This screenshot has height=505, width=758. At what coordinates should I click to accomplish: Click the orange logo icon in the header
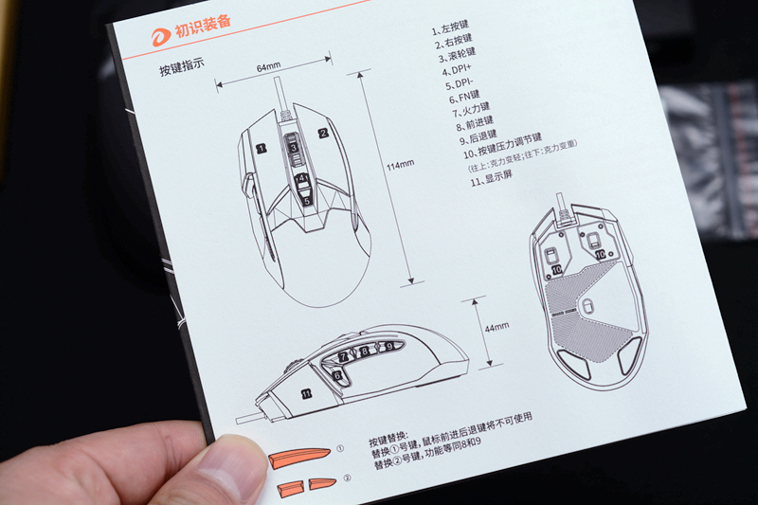click(162, 36)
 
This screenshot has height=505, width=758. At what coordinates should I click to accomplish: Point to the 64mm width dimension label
click(268, 68)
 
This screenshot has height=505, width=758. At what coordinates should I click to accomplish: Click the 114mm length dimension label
click(400, 164)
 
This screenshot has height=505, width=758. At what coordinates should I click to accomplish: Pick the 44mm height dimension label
click(496, 327)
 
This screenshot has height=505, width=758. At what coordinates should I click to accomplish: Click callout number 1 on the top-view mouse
click(260, 149)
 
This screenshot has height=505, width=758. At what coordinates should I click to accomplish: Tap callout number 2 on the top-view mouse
click(322, 134)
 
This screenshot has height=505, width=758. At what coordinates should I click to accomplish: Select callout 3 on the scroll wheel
click(294, 148)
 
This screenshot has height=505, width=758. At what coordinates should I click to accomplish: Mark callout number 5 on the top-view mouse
click(305, 200)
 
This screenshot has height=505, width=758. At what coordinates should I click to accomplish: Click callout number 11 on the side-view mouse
click(305, 392)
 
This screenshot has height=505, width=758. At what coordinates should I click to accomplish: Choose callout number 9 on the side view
click(388, 347)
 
